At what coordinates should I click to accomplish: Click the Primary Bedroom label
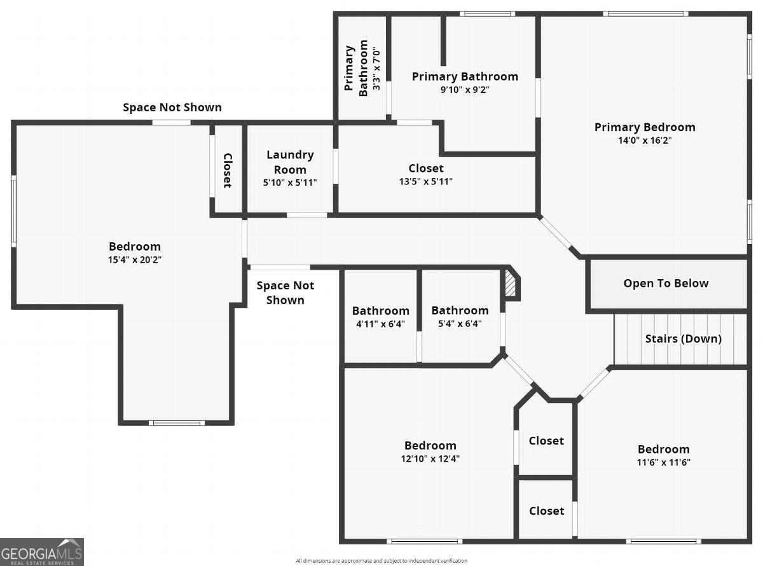coord(645,127)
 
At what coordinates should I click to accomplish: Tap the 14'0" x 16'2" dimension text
coord(645,141)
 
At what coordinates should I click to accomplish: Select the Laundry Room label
coord(290,162)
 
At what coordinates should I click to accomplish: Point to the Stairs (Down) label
coord(683,338)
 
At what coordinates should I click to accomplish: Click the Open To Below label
coord(666,283)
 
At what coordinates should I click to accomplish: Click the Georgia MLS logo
coord(41,551)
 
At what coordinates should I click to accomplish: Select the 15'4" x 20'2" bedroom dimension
coord(135,259)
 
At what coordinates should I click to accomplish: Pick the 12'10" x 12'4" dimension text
coord(430,459)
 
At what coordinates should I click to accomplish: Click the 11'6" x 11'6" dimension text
coord(663,462)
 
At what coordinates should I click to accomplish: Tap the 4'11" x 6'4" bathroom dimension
coord(380,324)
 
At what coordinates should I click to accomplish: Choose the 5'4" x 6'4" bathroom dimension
coord(460,324)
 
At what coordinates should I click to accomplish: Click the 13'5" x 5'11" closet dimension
coord(425,181)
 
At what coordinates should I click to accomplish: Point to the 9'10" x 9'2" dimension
coord(465,90)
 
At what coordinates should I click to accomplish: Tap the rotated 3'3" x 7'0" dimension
coord(376,70)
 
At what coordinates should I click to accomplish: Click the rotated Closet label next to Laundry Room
coord(228,170)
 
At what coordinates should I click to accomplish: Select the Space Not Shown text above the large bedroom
coord(172,107)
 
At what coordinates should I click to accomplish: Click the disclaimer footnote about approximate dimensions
coord(381,561)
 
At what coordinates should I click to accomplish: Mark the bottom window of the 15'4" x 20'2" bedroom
coord(177,423)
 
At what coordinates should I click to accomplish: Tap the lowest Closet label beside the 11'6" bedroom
coord(546,511)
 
